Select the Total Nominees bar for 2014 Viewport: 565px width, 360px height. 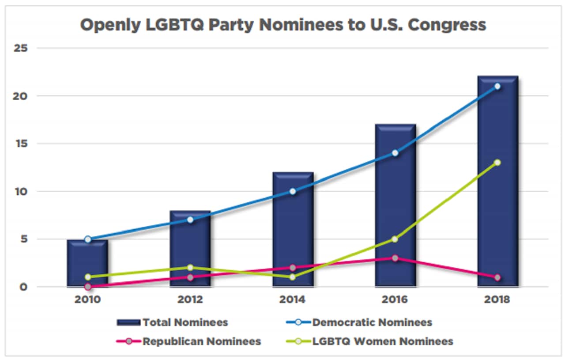pos(293,230)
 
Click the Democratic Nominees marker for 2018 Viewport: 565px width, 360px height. pos(497,87)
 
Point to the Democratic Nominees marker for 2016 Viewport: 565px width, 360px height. pos(395,153)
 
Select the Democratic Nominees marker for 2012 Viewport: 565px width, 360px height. pos(190,220)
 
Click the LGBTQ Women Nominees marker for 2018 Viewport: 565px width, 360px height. pos(497,163)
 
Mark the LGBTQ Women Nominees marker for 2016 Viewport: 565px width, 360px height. pos(395,239)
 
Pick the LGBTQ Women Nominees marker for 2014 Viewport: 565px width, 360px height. pos(293,277)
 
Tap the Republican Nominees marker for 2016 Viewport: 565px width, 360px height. pos(395,258)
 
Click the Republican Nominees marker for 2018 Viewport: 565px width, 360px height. pos(497,277)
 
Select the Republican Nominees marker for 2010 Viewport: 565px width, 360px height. pos(88,287)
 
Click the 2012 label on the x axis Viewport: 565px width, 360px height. pos(190,299)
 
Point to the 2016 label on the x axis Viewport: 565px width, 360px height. pos(395,299)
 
